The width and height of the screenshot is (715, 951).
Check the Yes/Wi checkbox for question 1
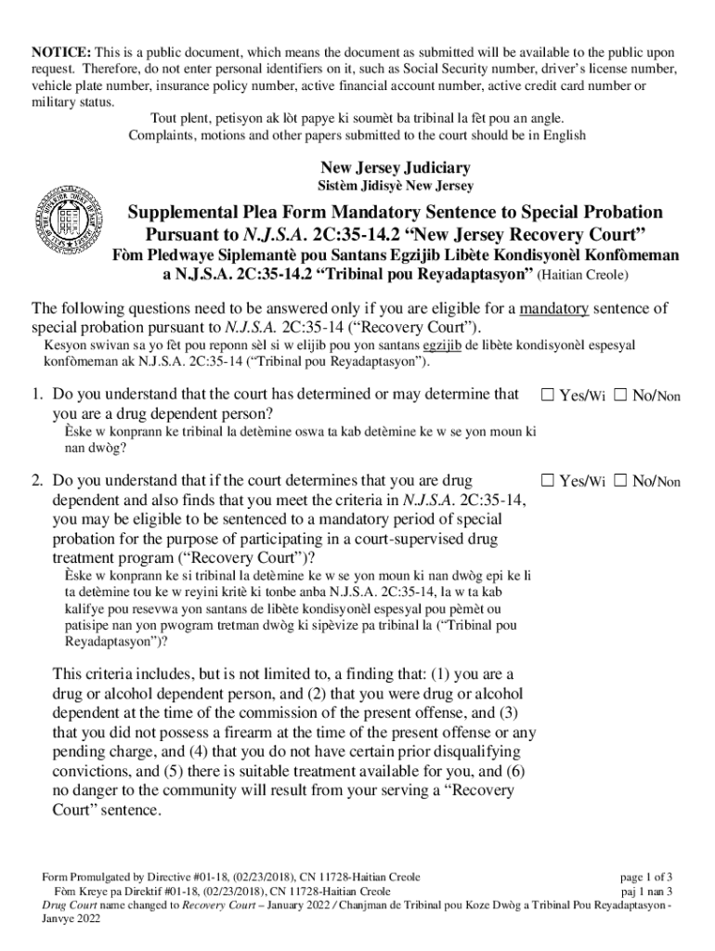click(x=548, y=396)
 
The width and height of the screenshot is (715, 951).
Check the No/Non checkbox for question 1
click(x=620, y=396)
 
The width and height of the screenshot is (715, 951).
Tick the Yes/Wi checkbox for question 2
click(x=548, y=481)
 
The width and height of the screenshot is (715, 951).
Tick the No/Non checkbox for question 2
click(x=620, y=481)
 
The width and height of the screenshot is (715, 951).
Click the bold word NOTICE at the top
click(x=60, y=53)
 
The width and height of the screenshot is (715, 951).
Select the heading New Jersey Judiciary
click(x=395, y=168)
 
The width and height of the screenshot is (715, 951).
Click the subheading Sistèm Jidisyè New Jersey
click(x=396, y=187)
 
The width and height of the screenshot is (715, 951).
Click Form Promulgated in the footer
click(x=87, y=877)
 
